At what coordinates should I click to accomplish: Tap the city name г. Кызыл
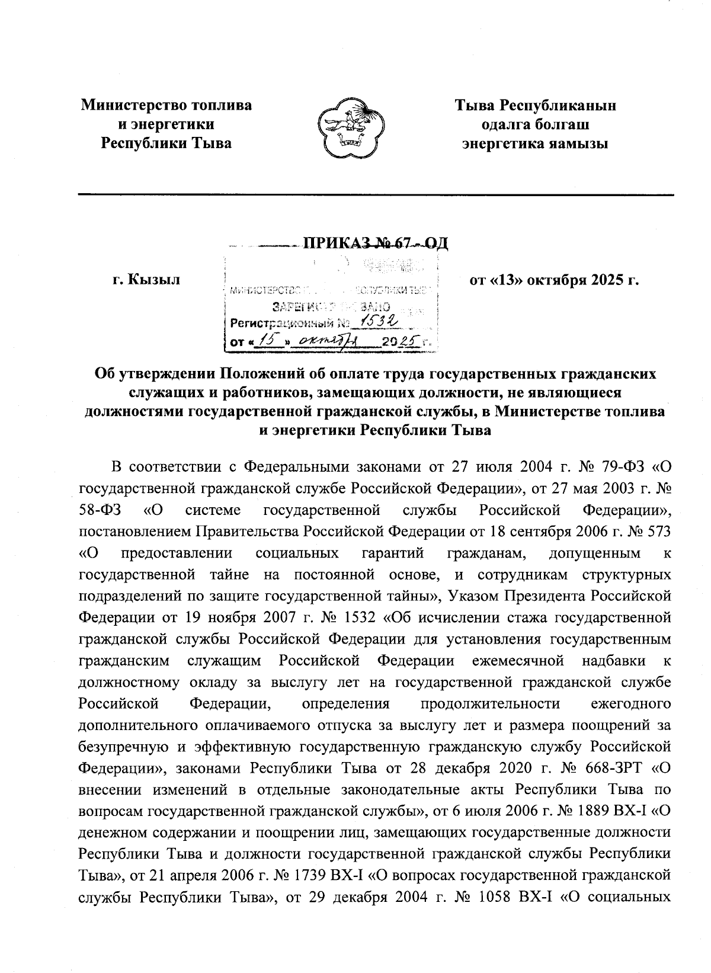(146, 279)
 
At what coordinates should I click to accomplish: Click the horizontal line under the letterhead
(376, 194)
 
